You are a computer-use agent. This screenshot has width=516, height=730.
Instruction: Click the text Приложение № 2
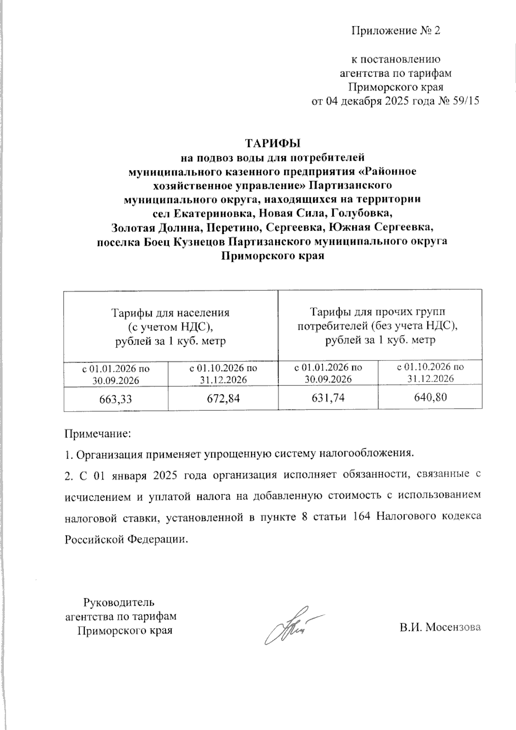(x=396, y=31)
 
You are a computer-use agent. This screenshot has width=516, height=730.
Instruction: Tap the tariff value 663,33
(x=116, y=399)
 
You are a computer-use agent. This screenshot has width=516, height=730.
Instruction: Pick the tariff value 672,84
(x=223, y=399)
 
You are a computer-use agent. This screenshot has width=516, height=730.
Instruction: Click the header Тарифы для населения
(x=171, y=313)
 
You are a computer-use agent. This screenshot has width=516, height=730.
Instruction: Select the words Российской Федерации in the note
(x=126, y=539)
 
